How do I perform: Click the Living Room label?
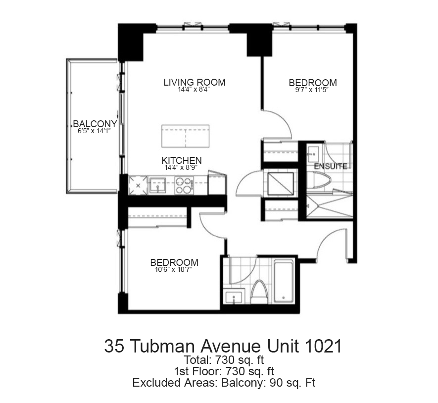[195, 83]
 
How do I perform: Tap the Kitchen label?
[182, 160]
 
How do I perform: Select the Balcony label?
[95, 124]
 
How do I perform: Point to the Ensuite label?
[331, 166]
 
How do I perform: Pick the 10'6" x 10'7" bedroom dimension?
[174, 270]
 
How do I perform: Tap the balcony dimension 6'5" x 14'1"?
[95, 131]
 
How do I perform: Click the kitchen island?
[186, 136]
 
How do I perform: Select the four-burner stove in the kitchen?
[184, 186]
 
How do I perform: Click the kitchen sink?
[157, 185]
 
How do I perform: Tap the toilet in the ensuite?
[319, 180]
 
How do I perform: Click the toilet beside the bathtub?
[259, 292]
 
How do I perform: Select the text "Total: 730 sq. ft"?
[224, 360]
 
